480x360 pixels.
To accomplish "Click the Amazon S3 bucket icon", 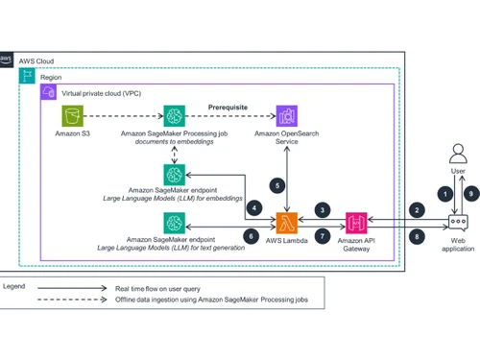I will pos(70,116).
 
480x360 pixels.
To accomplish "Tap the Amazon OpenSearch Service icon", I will pos(286,116).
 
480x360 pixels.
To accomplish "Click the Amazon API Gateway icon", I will pos(357,223).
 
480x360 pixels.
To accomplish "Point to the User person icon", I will pos(458,154).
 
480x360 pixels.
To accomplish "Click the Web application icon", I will pos(458,223).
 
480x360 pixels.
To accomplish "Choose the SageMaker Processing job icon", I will pos(176,116).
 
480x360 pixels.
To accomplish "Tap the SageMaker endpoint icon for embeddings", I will pos(175,174).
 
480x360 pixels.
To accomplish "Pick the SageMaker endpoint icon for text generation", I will pos(175,223).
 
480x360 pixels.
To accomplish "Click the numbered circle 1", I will pos(444,191).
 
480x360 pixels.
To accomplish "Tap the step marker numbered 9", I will pos(469,191).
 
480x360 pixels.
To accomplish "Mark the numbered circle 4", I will pos(254,206).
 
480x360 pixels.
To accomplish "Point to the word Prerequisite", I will pos(229,108).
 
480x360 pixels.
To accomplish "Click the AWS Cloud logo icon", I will pos(9,60).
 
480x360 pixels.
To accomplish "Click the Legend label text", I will pos(14,285).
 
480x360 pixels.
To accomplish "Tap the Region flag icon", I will pos(29,75).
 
